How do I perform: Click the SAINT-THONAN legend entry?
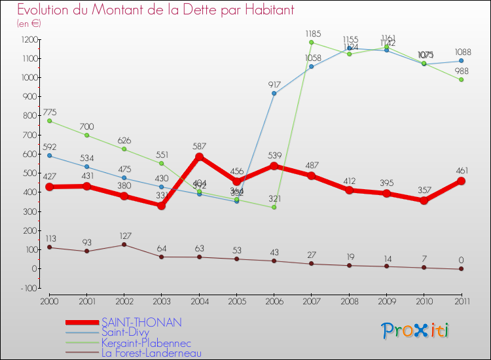tap(141, 322)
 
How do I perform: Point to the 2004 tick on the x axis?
tap(199, 300)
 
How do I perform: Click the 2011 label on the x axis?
tap(461, 300)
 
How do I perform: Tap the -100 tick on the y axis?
tap(27, 288)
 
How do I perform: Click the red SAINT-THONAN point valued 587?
tap(199, 156)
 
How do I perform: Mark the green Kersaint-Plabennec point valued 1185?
tap(311, 43)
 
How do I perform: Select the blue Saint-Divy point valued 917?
tap(274, 94)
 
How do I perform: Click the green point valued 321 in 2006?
tap(274, 207)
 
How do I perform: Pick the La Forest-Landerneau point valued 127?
tap(124, 244)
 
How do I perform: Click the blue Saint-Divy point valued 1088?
tap(461, 61)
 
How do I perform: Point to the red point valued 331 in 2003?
tap(162, 206)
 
